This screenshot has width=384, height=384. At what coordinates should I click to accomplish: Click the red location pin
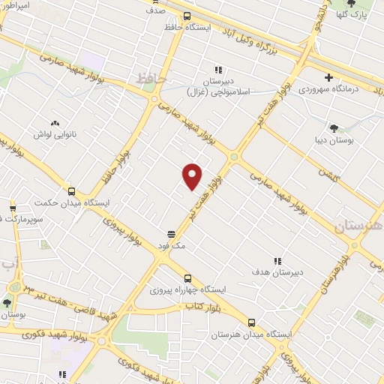pyautogui.click(x=193, y=175)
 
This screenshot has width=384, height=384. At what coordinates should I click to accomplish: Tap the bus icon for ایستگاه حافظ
pyautogui.click(x=187, y=16)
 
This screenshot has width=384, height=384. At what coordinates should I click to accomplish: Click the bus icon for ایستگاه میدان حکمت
pyautogui.click(x=71, y=191)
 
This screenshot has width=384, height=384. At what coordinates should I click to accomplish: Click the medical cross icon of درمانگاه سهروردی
pyautogui.click(x=328, y=76)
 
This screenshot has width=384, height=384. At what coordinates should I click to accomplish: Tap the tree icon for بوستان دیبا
pyautogui.click(x=333, y=127)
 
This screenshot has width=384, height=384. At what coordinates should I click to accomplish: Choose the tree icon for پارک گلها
pyautogui.click(x=372, y=4)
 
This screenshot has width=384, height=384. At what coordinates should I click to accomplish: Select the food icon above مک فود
pyautogui.click(x=171, y=233)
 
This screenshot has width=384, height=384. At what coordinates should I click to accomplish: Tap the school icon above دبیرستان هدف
pyautogui.click(x=277, y=261)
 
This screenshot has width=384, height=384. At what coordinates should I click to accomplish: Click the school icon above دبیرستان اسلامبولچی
pyautogui.click(x=219, y=70)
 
